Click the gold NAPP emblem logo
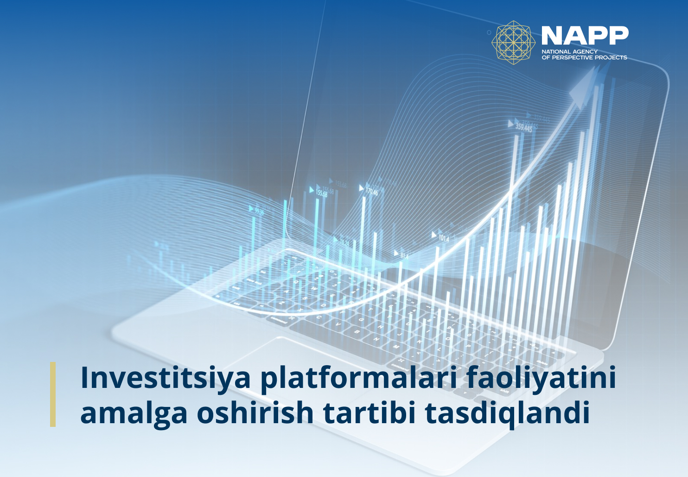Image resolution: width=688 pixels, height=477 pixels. coord(513,42)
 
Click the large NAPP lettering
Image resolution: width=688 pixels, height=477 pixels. coord(585,36)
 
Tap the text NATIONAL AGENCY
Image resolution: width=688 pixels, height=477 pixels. coord(570,52)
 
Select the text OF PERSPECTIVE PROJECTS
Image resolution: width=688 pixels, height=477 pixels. coord(584,58)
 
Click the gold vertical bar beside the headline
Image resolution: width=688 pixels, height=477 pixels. coord(53,394)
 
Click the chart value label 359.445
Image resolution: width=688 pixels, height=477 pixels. coord(524,127)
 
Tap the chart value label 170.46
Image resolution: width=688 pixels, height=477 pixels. coord(372,191)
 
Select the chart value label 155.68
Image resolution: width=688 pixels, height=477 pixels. coord(322,193)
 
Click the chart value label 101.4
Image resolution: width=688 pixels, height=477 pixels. coord(444,238)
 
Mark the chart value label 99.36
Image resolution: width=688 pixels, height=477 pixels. coord(259,212)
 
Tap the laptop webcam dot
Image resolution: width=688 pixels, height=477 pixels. coord(489,32)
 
